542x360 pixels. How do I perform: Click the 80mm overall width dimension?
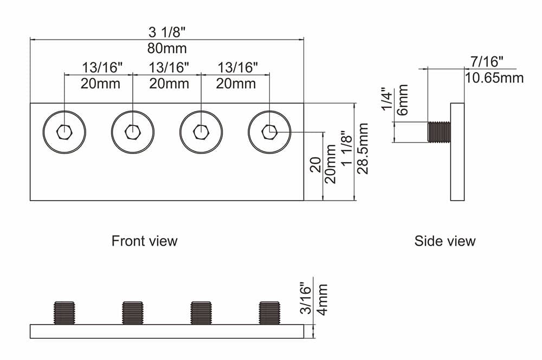(167, 48)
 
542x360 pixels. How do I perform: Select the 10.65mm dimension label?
(494, 78)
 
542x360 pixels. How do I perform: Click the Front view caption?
(144, 241)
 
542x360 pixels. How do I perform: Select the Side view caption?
(444, 241)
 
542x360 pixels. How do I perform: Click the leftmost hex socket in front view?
(64, 131)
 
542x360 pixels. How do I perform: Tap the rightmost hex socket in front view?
(269, 131)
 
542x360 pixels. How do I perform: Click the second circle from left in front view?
(133, 131)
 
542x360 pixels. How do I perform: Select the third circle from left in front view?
(201, 131)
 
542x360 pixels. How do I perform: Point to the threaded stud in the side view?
(438, 132)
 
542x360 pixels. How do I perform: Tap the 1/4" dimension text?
(386, 99)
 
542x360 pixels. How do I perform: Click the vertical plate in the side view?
(457, 151)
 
